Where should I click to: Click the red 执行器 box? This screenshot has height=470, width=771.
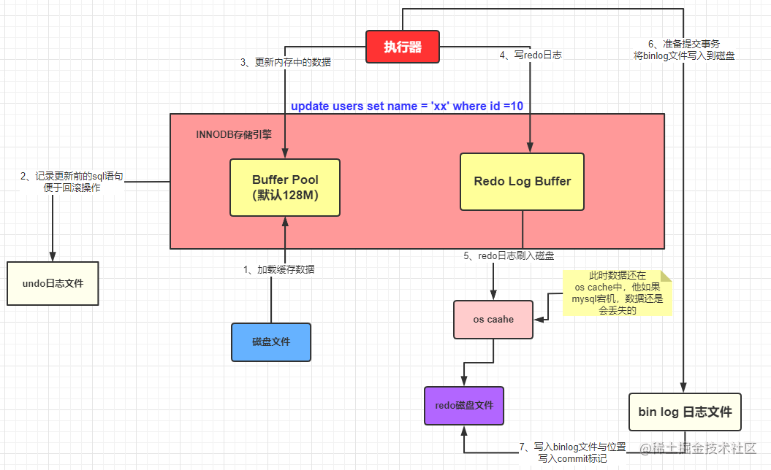tap(403, 47)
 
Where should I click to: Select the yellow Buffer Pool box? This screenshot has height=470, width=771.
tap(285, 188)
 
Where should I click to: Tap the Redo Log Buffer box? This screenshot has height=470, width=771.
tap(522, 182)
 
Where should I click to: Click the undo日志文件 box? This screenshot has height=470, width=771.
tap(53, 282)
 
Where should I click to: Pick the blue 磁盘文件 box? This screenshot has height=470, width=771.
tap(271, 342)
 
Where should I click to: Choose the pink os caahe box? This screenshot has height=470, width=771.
tap(493, 320)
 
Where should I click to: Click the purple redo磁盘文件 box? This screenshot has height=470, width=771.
tap(464, 406)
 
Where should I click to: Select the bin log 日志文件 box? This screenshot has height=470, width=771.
tap(685, 412)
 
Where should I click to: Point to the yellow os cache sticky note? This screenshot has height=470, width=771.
tap(617, 293)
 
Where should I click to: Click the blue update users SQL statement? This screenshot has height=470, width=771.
tap(407, 106)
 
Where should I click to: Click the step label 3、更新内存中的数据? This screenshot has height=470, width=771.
tap(286, 63)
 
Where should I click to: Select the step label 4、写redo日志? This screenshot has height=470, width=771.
tap(531, 55)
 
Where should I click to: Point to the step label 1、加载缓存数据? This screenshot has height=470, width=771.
tap(279, 269)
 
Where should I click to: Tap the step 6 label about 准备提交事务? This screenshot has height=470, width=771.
tap(684, 49)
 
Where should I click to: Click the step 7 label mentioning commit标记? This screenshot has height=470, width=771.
tap(572, 452)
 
